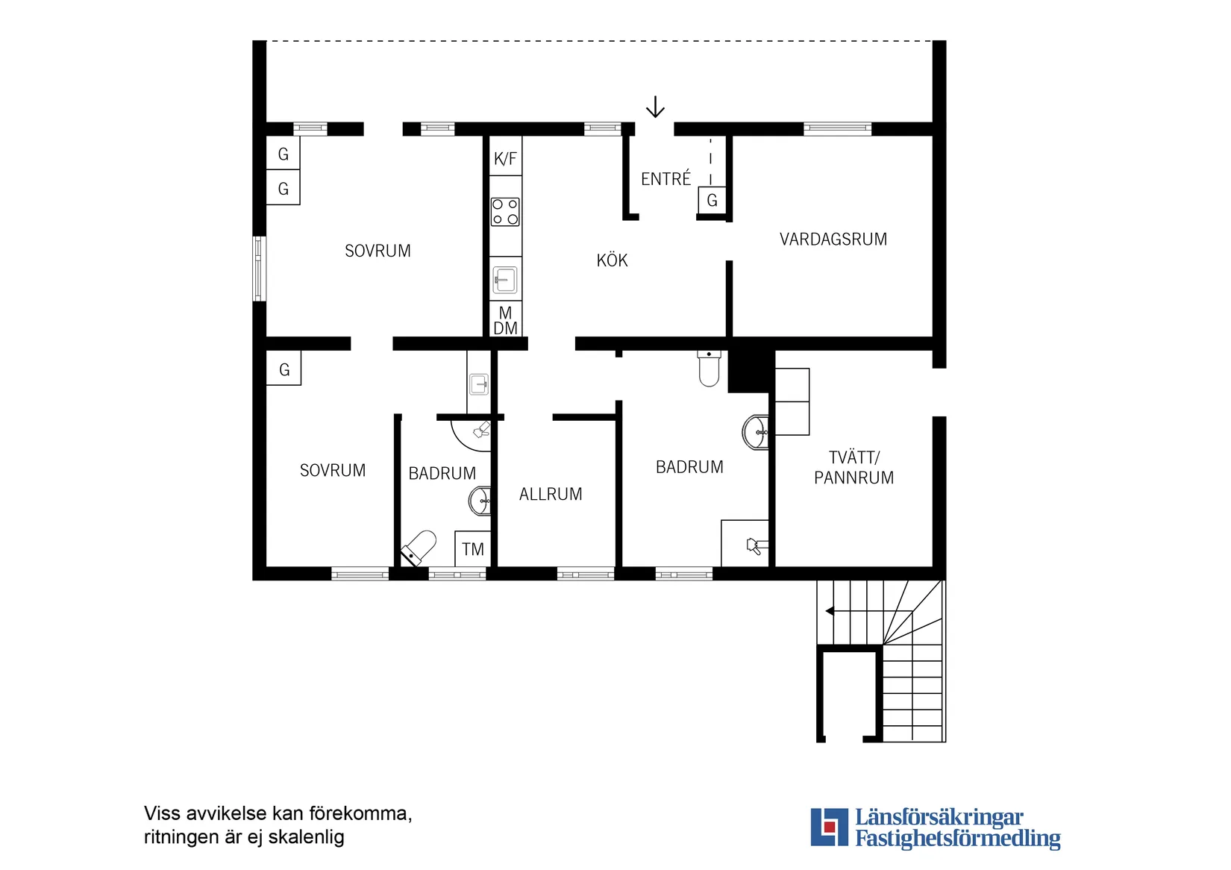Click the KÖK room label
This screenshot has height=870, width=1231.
(x=612, y=260)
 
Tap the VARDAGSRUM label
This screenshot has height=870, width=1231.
(x=833, y=240)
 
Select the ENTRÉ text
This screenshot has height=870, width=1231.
(x=665, y=179)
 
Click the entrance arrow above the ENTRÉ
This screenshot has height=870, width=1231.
(x=655, y=107)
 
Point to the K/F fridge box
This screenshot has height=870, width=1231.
(x=505, y=157)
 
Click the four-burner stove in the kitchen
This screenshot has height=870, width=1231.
(x=505, y=211)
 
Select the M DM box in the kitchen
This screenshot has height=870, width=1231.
(x=505, y=320)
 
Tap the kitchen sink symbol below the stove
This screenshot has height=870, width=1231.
(x=505, y=281)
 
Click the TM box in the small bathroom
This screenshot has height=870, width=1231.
(x=472, y=549)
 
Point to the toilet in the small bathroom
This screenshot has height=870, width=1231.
(x=419, y=547)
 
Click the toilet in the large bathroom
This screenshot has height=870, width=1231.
(x=709, y=369)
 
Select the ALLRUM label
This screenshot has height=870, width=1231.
(x=551, y=494)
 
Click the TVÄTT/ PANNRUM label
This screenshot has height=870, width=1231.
(x=853, y=468)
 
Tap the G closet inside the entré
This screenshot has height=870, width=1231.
(x=712, y=201)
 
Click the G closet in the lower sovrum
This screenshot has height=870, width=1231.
(x=284, y=369)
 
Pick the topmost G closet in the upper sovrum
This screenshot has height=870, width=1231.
(x=283, y=154)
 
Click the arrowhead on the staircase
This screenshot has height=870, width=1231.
(x=830, y=611)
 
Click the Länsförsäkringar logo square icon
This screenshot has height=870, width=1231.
(x=829, y=827)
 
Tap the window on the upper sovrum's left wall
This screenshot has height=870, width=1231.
(x=259, y=269)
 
